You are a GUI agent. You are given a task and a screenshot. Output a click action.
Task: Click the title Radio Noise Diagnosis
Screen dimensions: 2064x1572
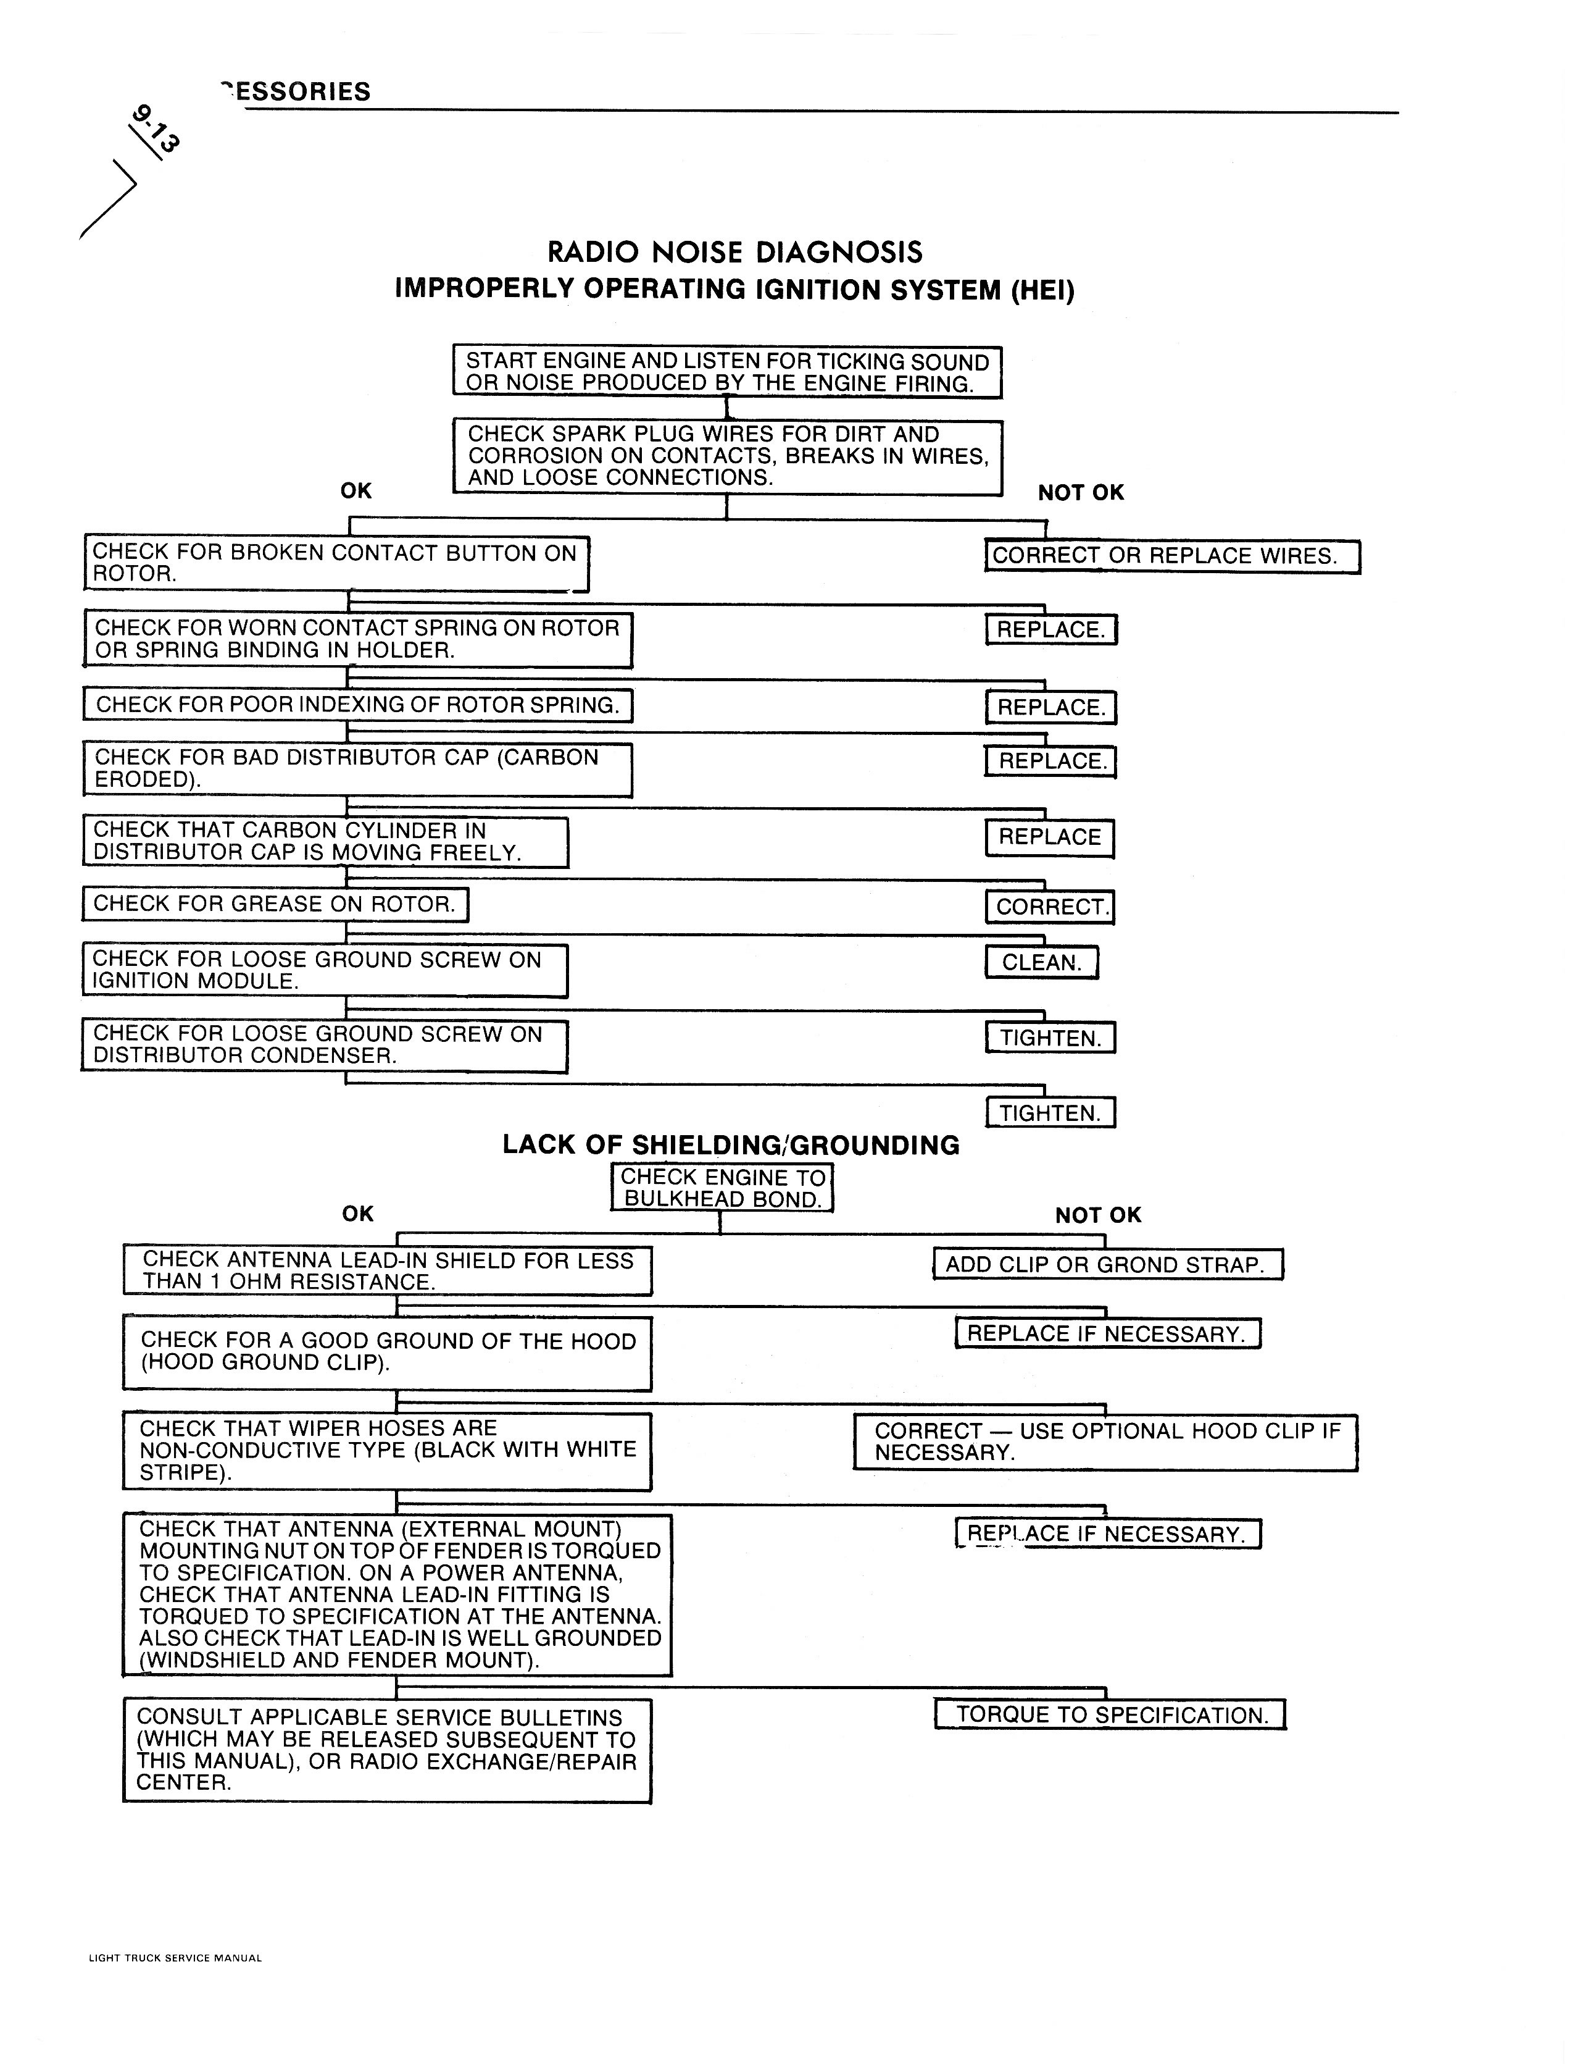click(x=734, y=252)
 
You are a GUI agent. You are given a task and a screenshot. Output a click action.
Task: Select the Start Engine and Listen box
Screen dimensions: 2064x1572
click(x=727, y=372)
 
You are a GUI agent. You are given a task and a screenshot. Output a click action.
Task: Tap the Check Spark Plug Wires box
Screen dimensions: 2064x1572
click(x=727, y=457)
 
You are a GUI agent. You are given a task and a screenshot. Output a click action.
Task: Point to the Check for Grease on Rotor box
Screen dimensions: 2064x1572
click(x=275, y=904)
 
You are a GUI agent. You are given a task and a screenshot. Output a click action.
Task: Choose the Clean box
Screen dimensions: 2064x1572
click(x=1041, y=962)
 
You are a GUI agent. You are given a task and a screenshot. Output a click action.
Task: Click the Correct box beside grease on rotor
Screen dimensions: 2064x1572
click(x=1050, y=906)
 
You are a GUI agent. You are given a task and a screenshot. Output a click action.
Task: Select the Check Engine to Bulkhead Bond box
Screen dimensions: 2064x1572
click(x=722, y=1188)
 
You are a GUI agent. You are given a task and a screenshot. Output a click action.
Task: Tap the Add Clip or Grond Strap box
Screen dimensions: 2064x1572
click(x=1108, y=1265)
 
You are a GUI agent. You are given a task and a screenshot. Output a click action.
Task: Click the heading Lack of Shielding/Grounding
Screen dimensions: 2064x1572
click(x=731, y=1145)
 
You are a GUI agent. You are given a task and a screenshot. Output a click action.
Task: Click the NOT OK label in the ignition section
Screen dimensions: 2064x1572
click(x=1081, y=492)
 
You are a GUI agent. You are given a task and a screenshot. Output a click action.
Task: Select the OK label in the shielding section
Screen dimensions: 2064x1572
click(x=357, y=1214)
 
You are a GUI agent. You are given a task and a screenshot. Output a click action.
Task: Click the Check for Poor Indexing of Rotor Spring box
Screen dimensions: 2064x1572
click(x=357, y=705)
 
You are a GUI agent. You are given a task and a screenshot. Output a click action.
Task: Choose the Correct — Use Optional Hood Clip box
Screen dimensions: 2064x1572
click(x=1105, y=1441)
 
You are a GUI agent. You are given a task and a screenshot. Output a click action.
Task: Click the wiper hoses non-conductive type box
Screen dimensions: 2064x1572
click(x=386, y=1451)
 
